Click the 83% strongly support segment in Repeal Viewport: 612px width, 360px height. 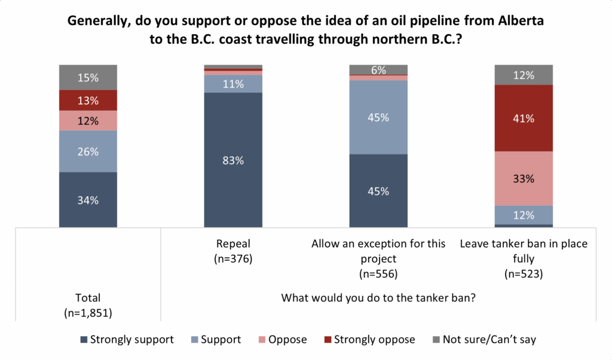click(x=233, y=160)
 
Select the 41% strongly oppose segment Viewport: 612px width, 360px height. click(x=524, y=118)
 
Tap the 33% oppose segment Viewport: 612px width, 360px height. click(x=524, y=178)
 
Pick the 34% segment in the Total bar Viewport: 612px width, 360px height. click(x=88, y=200)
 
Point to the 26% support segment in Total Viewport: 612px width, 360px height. click(x=88, y=151)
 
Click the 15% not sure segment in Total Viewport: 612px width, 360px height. click(x=88, y=77)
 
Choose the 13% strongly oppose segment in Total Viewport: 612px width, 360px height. click(x=88, y=100)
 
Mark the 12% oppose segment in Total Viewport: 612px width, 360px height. click(x=88, y=120)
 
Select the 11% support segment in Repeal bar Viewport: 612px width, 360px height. click(x=233, y=84)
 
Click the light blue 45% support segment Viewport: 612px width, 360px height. click(x=378, y=117)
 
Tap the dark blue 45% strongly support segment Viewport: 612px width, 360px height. click(x=378, y=191)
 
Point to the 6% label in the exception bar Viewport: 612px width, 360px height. click(x=378, y=70)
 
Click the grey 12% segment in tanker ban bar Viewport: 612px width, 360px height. click(x=524, y=74)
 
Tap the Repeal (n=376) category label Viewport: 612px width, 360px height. click(x=233, y=252)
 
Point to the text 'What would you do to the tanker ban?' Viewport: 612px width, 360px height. click(x=378, y=297)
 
